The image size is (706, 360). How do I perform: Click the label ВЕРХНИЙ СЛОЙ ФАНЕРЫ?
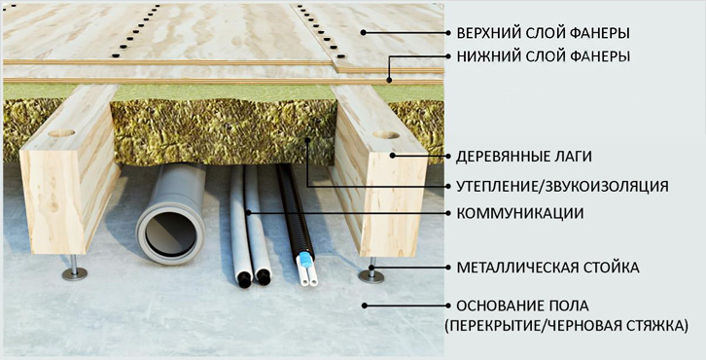pyautogui.click(x=543, y=33)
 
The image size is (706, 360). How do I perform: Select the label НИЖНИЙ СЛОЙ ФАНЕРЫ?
pyautogui.click(x=543, y=56)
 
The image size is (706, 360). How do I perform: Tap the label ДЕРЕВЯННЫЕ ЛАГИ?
pyautogui.click(x=523, y=157)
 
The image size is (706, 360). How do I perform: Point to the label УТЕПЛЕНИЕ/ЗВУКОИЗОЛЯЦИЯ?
pyautogui.click(x=562, y=186)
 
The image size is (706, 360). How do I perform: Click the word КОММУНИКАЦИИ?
pyautogui.click(x=520, y=213)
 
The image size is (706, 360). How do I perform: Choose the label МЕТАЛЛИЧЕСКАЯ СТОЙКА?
pyautogui.click(x=547, y=268)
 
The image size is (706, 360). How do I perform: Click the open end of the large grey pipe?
pyautogui.click(x=171, y=233)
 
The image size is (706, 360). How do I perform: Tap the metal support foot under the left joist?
pyautogui.click(x=74, y=271)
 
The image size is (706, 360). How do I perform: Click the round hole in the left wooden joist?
pyautogui.click(x=61, y=133)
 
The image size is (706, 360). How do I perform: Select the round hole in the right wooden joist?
pyautogui.click(x=386, y=134)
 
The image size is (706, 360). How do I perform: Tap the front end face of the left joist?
pyautogui.click(x=53, y=201)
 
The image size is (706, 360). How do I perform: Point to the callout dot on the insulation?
pyautogui.click(x=308, y=140)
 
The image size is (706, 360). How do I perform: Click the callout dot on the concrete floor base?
pyautogui.click(x=364, y=306)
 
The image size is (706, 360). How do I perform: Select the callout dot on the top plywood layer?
pyautogui.click(x=363, y=32)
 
